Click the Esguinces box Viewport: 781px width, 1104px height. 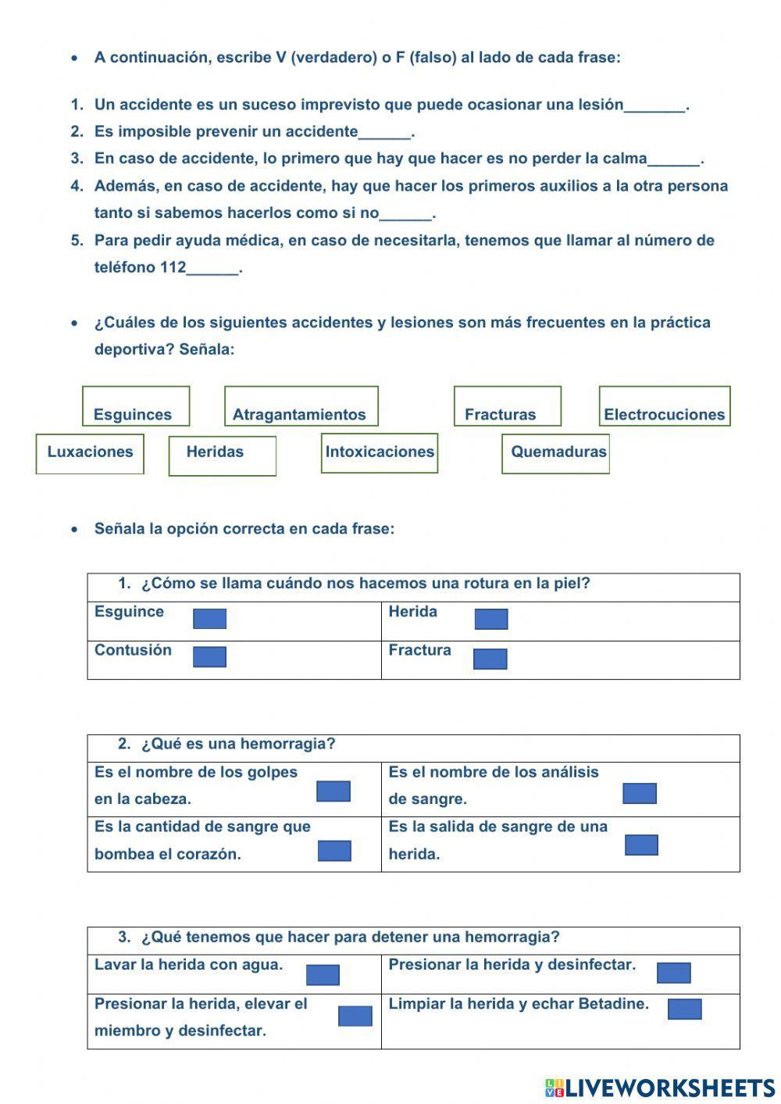136,406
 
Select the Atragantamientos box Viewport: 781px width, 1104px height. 301,406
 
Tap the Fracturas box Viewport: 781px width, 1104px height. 507,406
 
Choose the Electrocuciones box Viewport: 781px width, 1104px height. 665,406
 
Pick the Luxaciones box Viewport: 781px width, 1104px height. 90,454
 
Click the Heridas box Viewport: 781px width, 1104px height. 222,456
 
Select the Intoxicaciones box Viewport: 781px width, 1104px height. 380,453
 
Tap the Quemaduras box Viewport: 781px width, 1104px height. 555,454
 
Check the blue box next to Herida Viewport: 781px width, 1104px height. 491,620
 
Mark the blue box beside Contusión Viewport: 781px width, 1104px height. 209,657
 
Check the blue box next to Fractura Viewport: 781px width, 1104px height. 490,659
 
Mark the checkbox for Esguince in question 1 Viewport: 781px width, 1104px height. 209,620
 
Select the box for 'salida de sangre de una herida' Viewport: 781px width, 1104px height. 641,845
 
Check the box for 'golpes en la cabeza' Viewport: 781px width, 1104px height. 333,791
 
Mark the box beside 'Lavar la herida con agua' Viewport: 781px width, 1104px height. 323,975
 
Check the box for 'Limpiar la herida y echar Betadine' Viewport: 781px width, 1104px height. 684,1009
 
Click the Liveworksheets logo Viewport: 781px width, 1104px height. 660,1088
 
